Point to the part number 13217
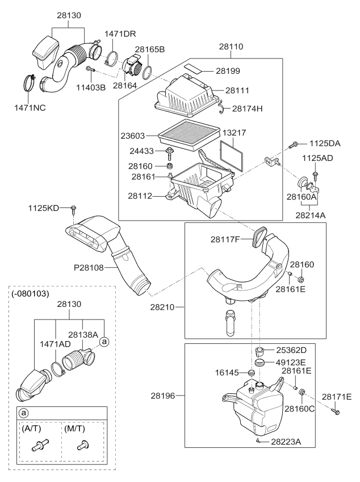pos(233,132)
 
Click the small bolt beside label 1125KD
pos(74,210)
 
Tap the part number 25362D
pos(291,350)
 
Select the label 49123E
pos(291,361)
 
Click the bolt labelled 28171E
pos(336,409)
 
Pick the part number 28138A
pos(84,335)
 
